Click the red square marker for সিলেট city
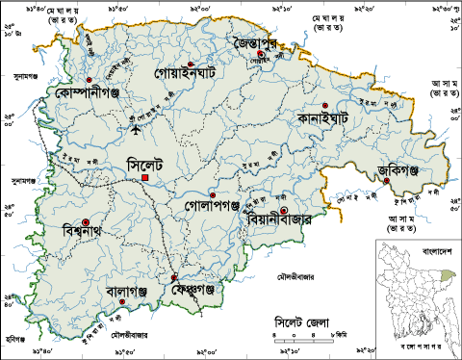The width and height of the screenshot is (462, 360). click(x=144, y=178)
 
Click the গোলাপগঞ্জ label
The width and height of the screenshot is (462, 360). click(x=212, y=206)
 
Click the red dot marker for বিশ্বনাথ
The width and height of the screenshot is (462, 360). click(x=86, y=222)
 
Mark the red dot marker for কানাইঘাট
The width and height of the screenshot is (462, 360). click(x=325, y=104)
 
